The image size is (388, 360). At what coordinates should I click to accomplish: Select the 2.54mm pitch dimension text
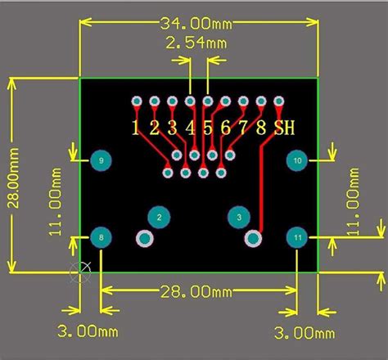point(196,42)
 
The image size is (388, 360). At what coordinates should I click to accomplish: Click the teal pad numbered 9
point(101,161)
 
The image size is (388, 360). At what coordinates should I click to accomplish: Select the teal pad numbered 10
point(297,161)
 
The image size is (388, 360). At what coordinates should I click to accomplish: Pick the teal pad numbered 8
point(101,238)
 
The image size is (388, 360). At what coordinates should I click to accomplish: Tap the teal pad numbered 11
point(297,238)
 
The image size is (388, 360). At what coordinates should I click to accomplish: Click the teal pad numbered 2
point(159,217)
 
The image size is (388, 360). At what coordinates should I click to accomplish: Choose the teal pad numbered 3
point(238,218)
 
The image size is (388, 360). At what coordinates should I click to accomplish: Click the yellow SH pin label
point(284,127)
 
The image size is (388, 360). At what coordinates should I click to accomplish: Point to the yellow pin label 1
point(136,127)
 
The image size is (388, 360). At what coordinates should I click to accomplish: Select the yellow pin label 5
point(208,127)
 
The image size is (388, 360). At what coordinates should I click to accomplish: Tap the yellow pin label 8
point(261,127)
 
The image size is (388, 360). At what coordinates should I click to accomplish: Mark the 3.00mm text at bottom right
point(304,332)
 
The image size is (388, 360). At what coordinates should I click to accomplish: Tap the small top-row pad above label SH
point(279,101)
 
